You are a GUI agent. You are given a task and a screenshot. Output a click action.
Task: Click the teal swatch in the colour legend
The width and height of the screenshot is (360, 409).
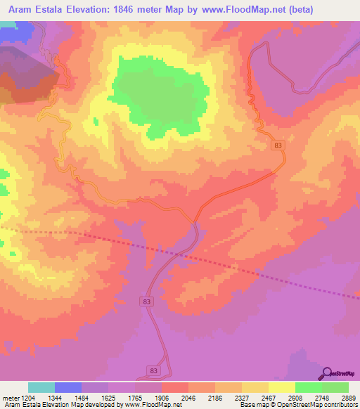coord(41,388)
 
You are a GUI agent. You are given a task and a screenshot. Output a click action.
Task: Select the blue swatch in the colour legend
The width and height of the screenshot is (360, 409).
coord(68,388)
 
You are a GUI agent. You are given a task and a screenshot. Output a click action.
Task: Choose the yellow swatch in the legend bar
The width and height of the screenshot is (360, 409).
coord(282,388)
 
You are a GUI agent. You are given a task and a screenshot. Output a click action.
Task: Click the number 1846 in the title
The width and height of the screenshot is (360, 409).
coord(123,9)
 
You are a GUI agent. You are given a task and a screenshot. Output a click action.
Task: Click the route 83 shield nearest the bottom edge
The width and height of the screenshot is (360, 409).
coord(154,370)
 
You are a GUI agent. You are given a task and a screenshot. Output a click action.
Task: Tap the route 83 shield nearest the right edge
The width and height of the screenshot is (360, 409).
coord(279,145)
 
